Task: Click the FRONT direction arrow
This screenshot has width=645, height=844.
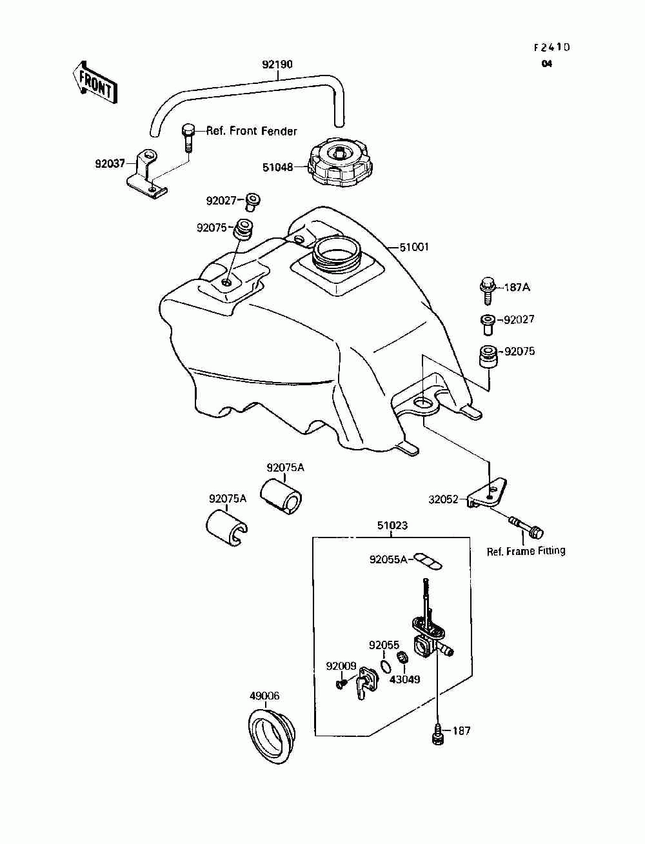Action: [94, 84]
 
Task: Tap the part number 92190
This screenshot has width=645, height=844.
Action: [277, 64]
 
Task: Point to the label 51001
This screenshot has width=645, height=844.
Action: [413, 247]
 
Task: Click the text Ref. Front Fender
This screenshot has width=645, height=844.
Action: [252, 131]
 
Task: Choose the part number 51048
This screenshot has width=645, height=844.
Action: [277, 167]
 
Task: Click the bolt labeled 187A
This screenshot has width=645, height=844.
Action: [488, 291]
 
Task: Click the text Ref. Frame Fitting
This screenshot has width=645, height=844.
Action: [526, 551]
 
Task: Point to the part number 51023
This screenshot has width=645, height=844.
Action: [392, 525]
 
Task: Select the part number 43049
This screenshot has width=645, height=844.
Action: [405, 690]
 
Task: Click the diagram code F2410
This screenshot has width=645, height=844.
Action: [551, 47]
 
